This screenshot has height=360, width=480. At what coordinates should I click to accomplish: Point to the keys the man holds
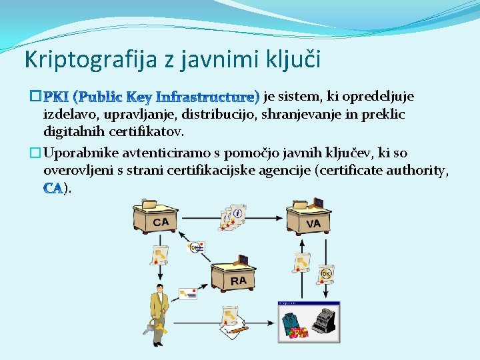149,328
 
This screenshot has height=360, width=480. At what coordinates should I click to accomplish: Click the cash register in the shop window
323,321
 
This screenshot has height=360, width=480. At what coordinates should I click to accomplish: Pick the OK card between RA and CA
195,247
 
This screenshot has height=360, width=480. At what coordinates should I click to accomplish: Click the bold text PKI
56,97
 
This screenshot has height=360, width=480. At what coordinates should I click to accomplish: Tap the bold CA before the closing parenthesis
53,189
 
